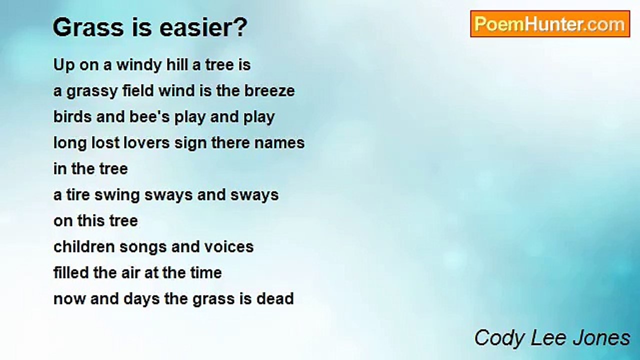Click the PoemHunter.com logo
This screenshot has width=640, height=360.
[x=550, y=24]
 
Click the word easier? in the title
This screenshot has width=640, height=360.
[x=203, y=27]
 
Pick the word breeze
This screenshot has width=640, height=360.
[x=269, y=91]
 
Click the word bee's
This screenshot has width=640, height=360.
[x=149, y=117]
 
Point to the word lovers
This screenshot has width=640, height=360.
[x=146, y=143]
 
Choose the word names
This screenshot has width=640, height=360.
[x=279, y=143]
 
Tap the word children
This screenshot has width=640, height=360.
[x=84, y=247]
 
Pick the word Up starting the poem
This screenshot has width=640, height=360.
[x=64, y=65]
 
